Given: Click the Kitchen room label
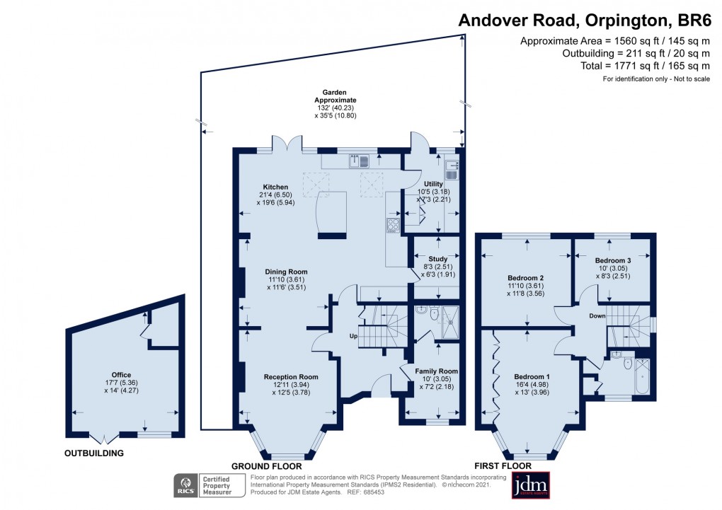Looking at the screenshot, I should click(275, 187).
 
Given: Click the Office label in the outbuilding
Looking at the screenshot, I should click(121, 375).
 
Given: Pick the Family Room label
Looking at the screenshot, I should click(437, 371).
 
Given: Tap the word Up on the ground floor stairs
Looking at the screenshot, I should click(353, 335).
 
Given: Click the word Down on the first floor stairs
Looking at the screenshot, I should click(597, 315).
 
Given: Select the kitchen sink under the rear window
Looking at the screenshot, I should click(358, 162).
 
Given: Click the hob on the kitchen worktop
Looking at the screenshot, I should click(393, 225).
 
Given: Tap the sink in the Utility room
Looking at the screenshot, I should click(453, 170).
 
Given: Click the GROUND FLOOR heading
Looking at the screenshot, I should click(267, 466).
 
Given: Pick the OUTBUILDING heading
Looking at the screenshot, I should click(94, 453).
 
